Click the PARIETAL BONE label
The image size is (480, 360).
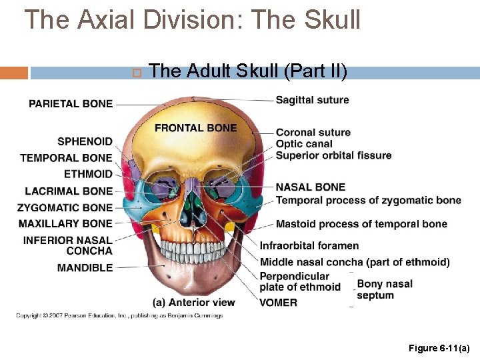pyautogui.click(x=71, y=103)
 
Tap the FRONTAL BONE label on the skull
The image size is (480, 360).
pyautogui.click(x=195, y=127)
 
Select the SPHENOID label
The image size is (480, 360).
pyautogui.click(x=85, y=141)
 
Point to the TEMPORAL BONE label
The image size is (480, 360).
pyautogui.click(x=66, y=158)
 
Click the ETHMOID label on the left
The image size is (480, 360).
pyautogui.click(x=88, y=174)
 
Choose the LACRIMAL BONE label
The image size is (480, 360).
pyautogui.click(x=69, y=191)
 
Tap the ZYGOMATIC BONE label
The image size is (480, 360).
pyautogui.click(x=65, y=207)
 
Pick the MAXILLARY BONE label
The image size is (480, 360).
pyautogui.click(x=65, y=223)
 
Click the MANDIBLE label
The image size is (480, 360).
pyautogui.click(x=85, y=267)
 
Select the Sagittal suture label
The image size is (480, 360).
pyautogui.click(x=312, y=100)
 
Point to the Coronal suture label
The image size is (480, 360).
pyautogui.click(x=313, y=133)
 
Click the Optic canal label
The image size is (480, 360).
pyautogui.click(x=304, y=144)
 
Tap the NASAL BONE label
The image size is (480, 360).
pyautogui.click(x=311, y=187)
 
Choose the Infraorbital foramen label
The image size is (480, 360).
pyautogui.click(x=309, y=245)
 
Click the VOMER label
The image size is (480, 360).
pyautogui.click(x=279, y=303)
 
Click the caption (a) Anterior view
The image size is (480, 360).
pyautogui.click(x=193, y=303)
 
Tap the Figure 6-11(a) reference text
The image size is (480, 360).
pyautogui.click(x=439, y=348)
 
